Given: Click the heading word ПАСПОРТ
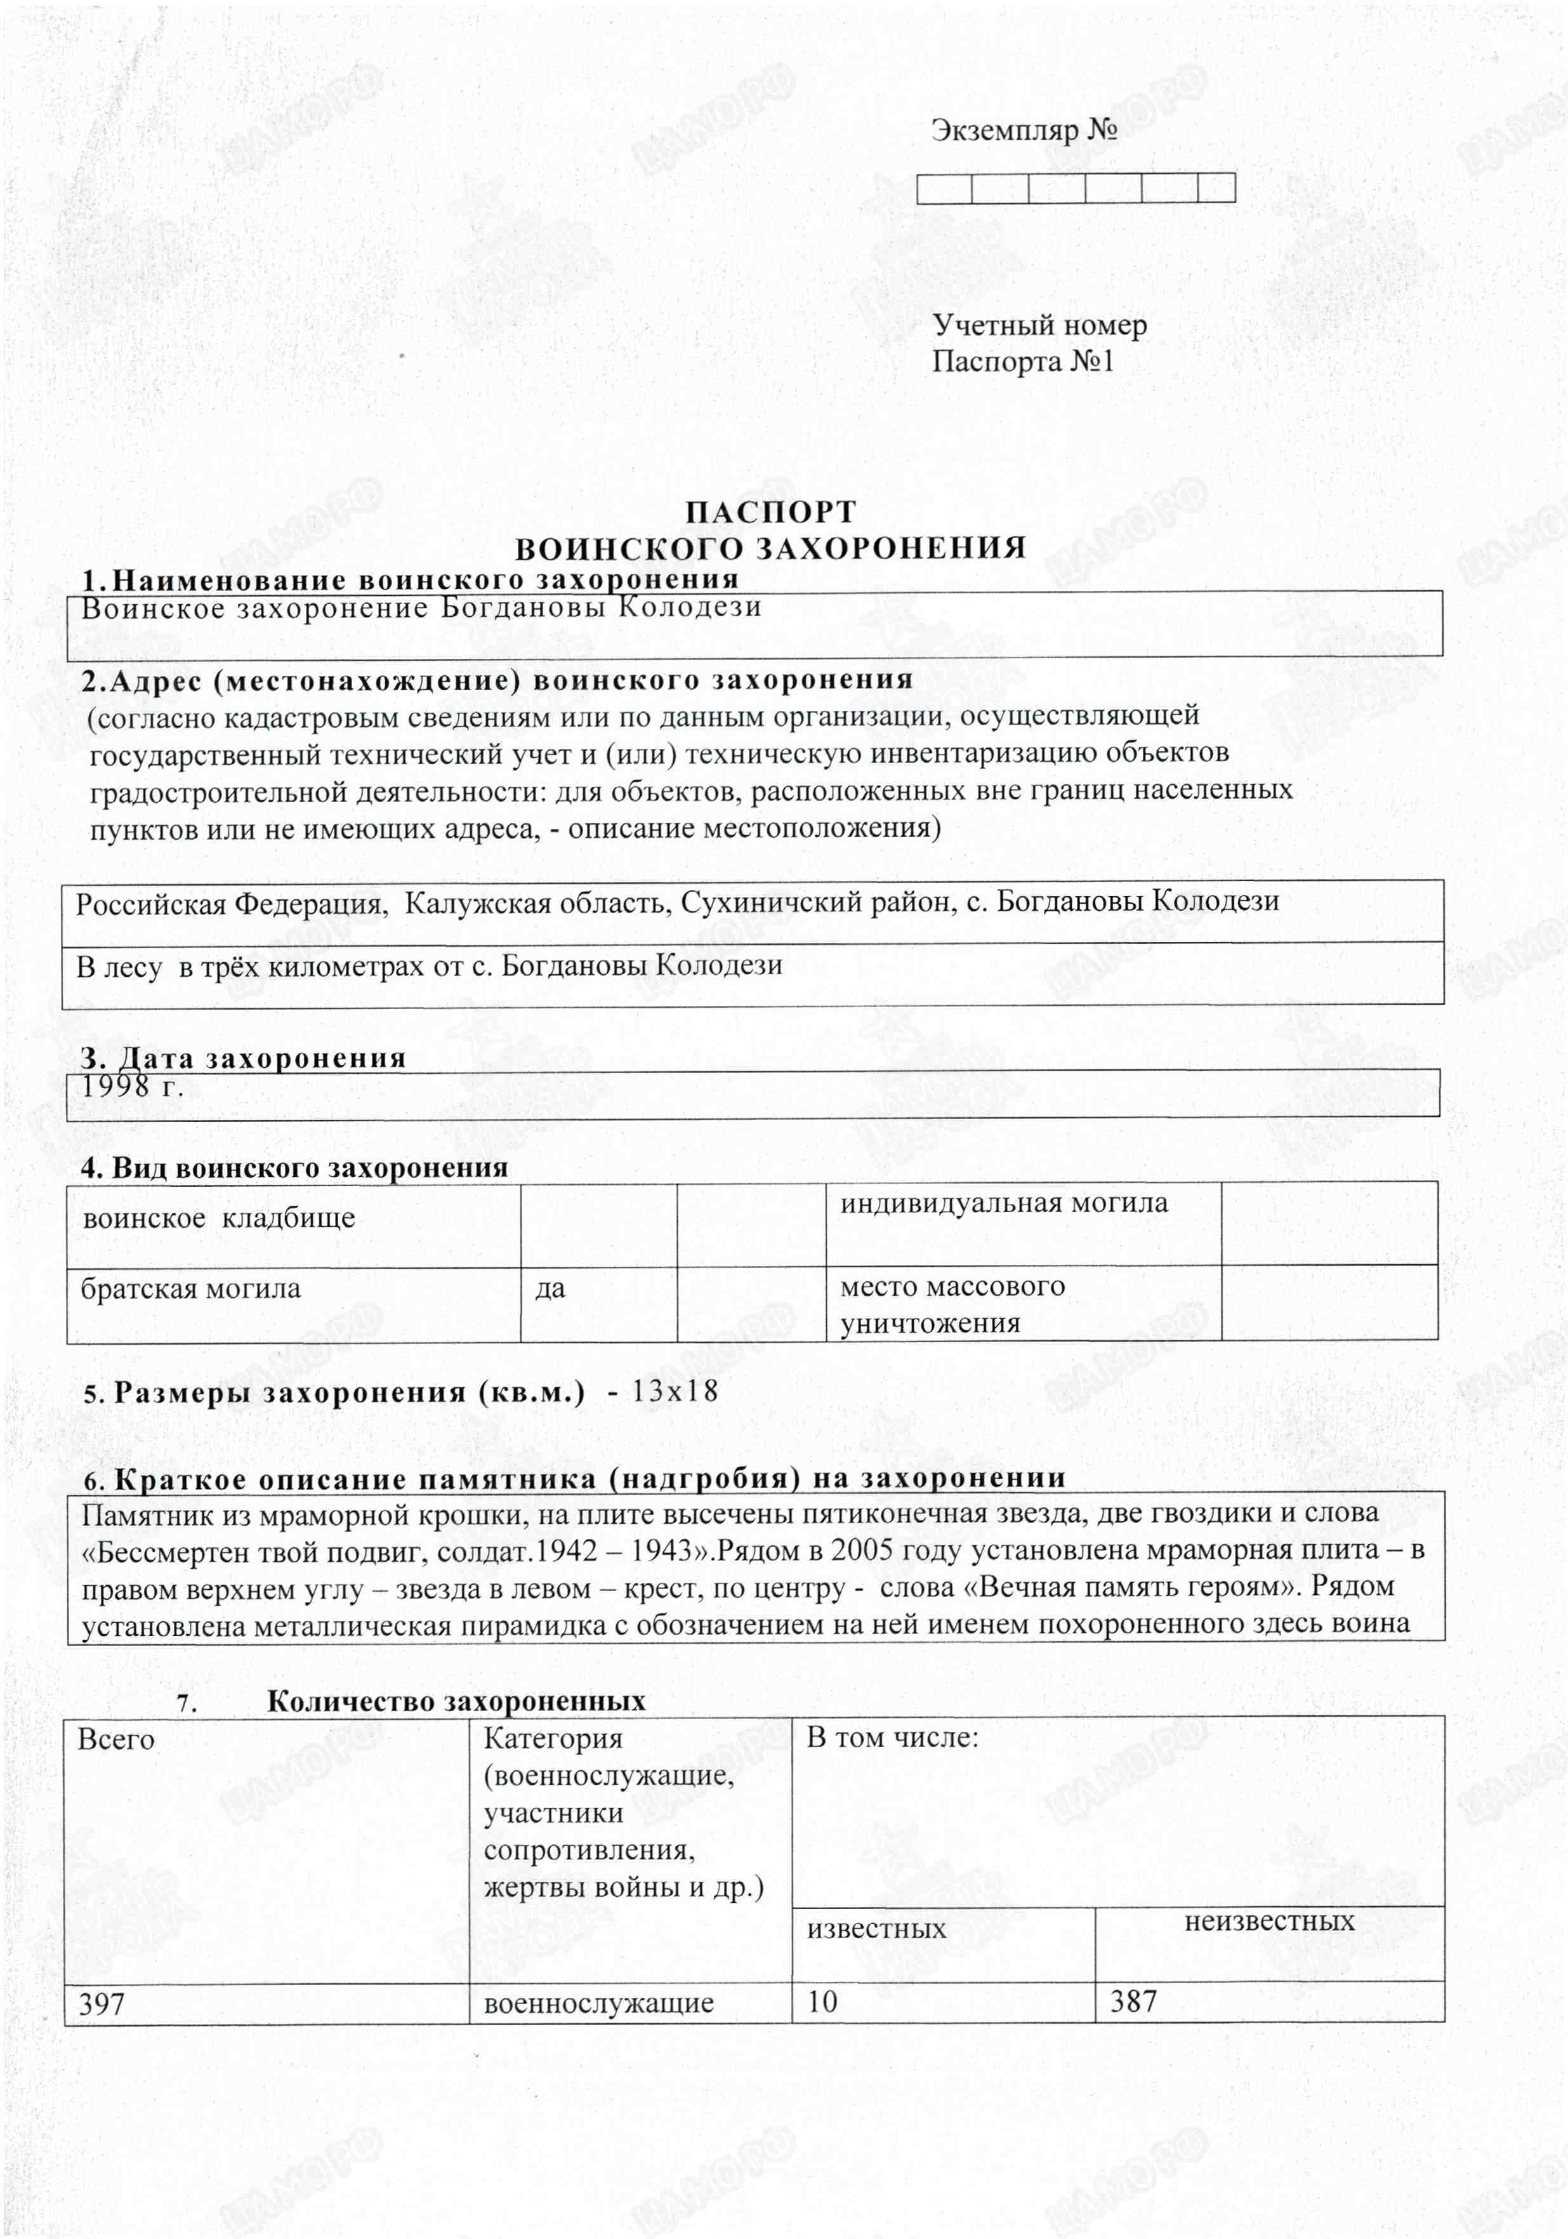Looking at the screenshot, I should click(770, 512).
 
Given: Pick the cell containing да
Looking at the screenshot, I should click(550, 1288).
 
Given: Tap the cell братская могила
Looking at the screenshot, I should click(190, 1289).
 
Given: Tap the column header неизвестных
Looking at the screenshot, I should click(1268, 1920).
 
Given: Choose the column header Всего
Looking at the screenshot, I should click(116, 1740).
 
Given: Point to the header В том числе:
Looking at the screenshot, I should click(892, 1738).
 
